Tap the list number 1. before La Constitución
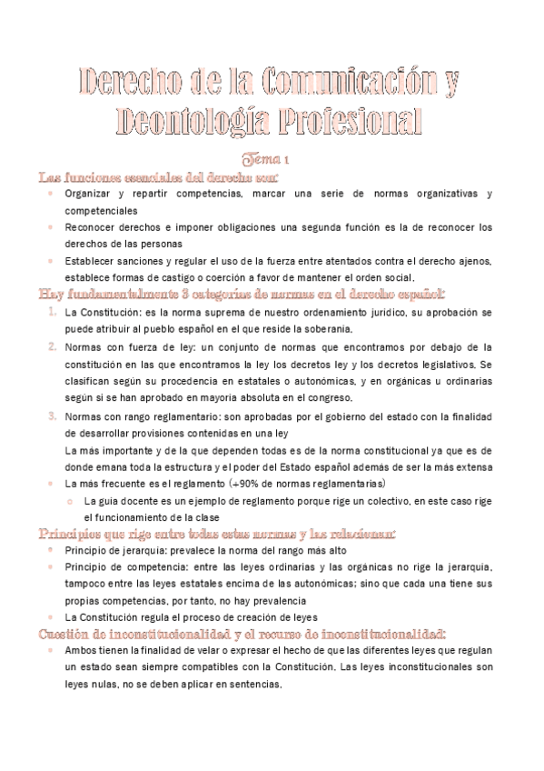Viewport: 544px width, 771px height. pos(53,312)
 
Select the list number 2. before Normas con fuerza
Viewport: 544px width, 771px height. pos(53,346)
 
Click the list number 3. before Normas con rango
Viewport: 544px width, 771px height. pos(53,416)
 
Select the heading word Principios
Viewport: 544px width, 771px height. pos(79,534)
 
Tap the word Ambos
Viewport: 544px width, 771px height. pos(84,651)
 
